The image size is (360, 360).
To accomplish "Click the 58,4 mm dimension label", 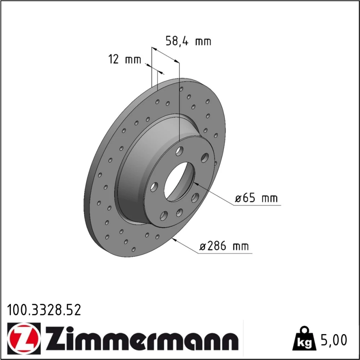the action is click(x=188, y=41).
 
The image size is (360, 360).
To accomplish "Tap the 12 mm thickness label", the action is click(x=125, y=59).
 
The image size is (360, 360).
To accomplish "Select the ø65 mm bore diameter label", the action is click(x=256, y=198).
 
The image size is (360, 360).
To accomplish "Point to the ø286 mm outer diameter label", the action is click(x=224, y=246).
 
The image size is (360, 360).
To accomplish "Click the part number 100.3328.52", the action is click(x=44, y=310).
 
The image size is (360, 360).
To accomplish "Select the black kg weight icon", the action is click(x=304, y=339).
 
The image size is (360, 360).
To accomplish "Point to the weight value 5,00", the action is click(x=333, y=340).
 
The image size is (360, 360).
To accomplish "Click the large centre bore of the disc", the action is click(x=179, y=182).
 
